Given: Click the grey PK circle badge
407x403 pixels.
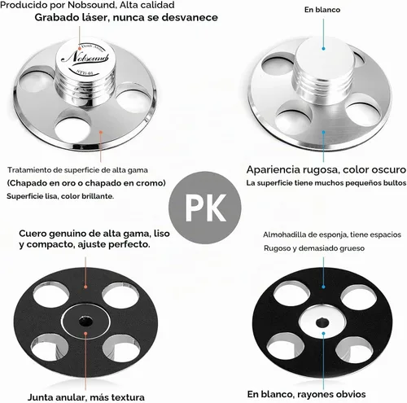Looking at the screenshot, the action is click(x=205, y=208).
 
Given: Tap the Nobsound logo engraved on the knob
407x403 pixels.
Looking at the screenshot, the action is click(x=85, y=57).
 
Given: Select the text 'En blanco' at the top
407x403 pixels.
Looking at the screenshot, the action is click(x=322, y=10).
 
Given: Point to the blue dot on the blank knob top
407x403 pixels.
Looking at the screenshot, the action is click(x=323, y=49).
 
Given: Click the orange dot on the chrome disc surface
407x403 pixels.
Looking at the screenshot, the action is click(x=101, y=132).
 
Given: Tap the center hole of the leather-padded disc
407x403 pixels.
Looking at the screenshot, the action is click(x=85, y=322).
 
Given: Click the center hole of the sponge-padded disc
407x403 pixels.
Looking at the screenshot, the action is click(x=322, y=322).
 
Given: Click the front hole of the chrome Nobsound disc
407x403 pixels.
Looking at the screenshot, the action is click(x=72, y=127).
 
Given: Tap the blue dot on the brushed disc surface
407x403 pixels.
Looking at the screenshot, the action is click(x=323, y=132).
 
